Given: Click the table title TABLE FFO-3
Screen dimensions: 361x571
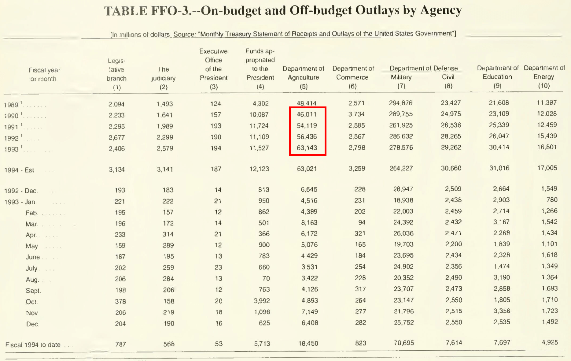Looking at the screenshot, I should [283, 11].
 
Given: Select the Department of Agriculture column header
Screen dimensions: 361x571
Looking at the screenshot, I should [303, 77].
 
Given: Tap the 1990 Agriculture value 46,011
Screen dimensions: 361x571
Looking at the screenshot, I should [307, 114].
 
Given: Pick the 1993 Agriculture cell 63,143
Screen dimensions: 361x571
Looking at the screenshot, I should [307, 148].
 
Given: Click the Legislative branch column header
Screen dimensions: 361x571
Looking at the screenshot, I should [116, 74].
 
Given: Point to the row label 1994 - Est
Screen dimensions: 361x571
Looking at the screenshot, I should [19, 170].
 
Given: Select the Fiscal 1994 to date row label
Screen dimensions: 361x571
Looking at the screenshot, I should [33, 345].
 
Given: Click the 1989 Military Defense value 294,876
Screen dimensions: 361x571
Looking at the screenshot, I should [400, 103].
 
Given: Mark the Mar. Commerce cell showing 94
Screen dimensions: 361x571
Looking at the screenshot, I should [362, 222].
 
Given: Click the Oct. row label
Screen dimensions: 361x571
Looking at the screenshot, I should [32, 302].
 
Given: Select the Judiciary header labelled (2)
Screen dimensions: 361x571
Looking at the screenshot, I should [163, 78].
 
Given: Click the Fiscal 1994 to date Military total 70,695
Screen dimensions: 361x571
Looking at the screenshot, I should [403, 343].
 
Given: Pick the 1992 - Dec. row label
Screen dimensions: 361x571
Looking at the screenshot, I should [21, 191].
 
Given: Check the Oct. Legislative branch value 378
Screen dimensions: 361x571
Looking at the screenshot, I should [120, 301].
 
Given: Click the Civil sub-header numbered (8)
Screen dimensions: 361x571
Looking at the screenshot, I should [448, 81].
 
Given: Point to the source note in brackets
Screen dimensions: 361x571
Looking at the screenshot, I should [283, 34].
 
